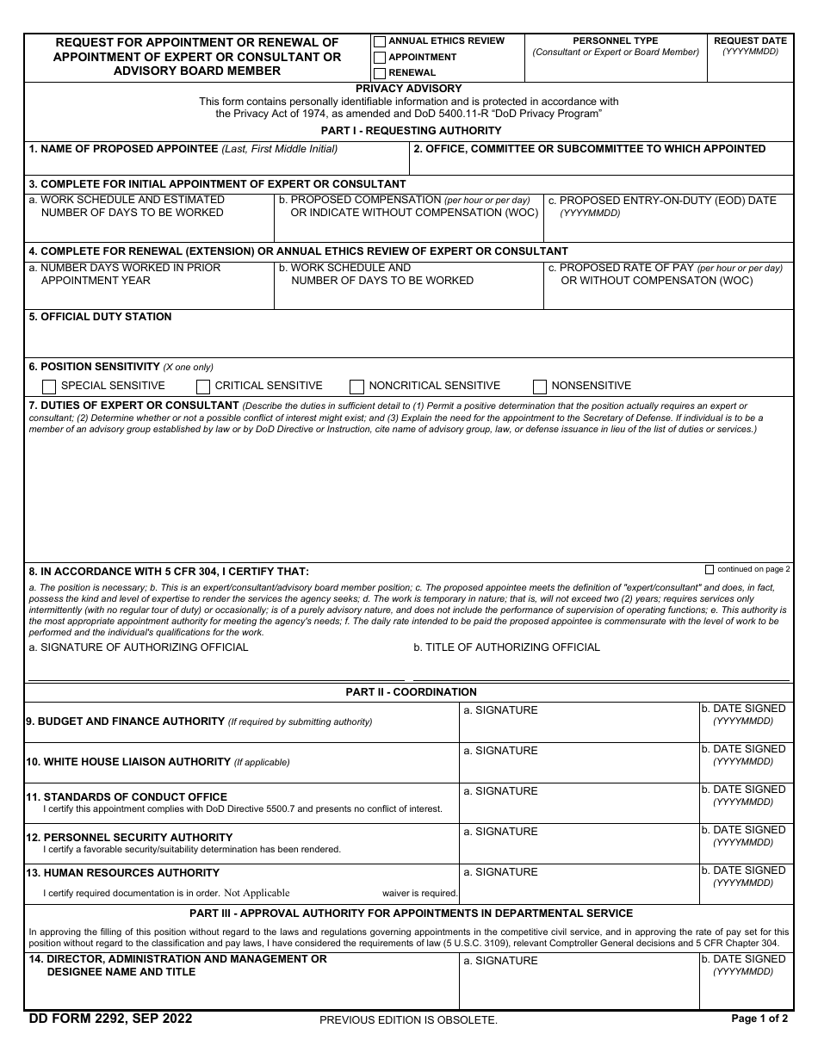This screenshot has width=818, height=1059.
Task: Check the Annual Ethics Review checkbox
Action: click(x=380, y=41)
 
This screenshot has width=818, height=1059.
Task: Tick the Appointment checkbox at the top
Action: click(x=380, y=58)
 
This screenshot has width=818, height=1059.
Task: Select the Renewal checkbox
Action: click(x=380, y=73)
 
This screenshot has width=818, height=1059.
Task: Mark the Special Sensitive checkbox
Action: click(x=49, y=387)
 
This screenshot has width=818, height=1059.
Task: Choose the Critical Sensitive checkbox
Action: click(x=203, y=387)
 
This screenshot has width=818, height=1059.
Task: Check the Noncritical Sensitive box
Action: click(x=356, y=387)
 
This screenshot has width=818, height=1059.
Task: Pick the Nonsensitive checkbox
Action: click(x=540, y=387)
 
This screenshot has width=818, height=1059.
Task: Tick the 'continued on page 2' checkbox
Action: click(x=710, y=569)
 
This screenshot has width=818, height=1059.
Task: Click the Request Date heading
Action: click(x=750, y=40)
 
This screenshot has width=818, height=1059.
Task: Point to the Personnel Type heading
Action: click(x=615, y=40)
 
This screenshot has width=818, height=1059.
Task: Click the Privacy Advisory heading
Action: click(x=409, y=89)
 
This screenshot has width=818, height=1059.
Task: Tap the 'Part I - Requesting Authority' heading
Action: click(x=411, y=131)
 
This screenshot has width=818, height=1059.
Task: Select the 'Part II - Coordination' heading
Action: click(x=411, y=691)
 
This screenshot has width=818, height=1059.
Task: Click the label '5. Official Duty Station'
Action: click(x=100, y=317)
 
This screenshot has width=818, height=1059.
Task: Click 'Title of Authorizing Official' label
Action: click(x=506, y=647)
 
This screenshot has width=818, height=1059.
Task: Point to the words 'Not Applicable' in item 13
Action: click(x=257, y=894)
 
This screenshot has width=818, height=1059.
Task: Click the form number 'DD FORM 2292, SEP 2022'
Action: click(x=110, y=1019)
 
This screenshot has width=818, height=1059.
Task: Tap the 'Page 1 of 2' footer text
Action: click(x=759, y=1019)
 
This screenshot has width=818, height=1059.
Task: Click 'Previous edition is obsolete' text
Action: click(x=408, y=1020)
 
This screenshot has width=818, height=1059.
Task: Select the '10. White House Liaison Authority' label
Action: click(x=128, y=761)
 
